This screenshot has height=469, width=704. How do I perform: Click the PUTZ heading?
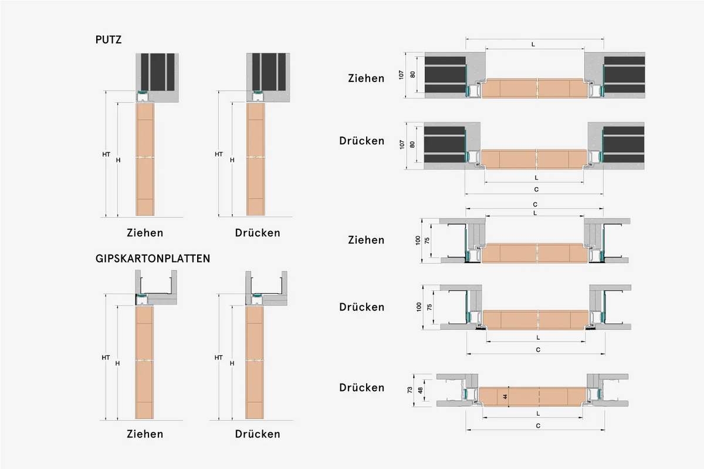108,40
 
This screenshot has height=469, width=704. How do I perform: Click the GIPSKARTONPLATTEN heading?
153,259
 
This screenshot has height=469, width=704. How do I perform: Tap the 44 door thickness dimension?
505,397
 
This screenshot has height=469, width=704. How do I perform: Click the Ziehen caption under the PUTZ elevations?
145,233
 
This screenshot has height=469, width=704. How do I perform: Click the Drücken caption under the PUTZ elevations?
258,233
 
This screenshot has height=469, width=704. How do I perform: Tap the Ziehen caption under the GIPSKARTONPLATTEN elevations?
145,434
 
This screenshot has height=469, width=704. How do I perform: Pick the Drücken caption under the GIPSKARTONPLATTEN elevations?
258,434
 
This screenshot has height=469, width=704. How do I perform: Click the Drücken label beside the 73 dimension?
361,388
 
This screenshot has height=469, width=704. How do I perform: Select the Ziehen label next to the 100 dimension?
366,240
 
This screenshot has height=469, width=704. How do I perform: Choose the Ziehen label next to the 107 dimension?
366,78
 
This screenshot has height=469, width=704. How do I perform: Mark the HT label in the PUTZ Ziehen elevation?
106,154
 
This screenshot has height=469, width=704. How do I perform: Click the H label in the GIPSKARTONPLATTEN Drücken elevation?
232,363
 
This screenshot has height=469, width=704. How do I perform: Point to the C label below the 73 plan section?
538,425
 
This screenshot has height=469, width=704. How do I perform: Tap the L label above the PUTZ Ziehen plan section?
533,45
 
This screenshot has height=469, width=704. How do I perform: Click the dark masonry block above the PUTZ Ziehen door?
156,72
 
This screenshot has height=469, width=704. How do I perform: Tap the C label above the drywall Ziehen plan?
534,205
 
